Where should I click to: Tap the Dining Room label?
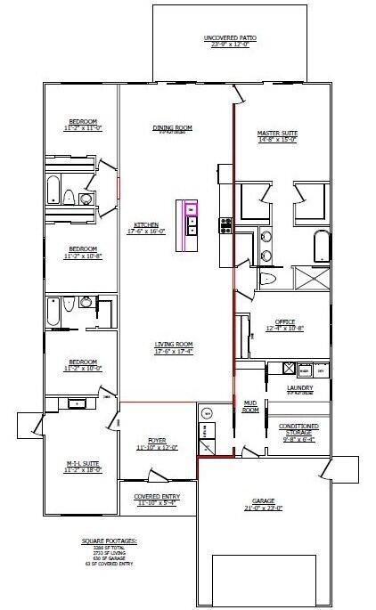tap(173, 128)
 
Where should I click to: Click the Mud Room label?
tap(251, 406)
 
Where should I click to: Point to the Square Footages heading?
tap(106, 541)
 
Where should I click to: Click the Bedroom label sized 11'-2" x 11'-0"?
tap(82, 126)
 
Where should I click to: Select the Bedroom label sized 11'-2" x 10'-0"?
tap(82, 364)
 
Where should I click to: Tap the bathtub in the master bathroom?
tap(321, 246)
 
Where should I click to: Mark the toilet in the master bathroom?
tap(271, 280)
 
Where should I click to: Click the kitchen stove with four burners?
tap(225, 225)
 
